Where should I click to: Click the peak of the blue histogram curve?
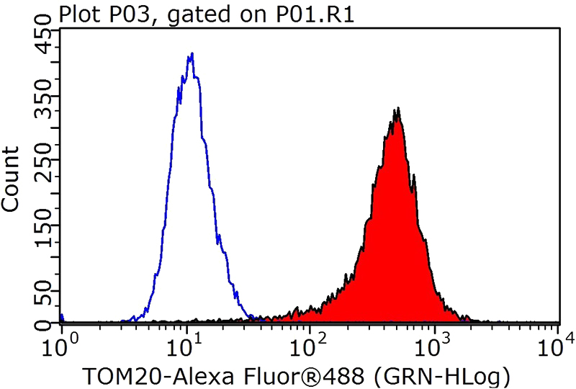pos(191,54)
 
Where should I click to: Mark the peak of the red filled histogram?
pos(397,110)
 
